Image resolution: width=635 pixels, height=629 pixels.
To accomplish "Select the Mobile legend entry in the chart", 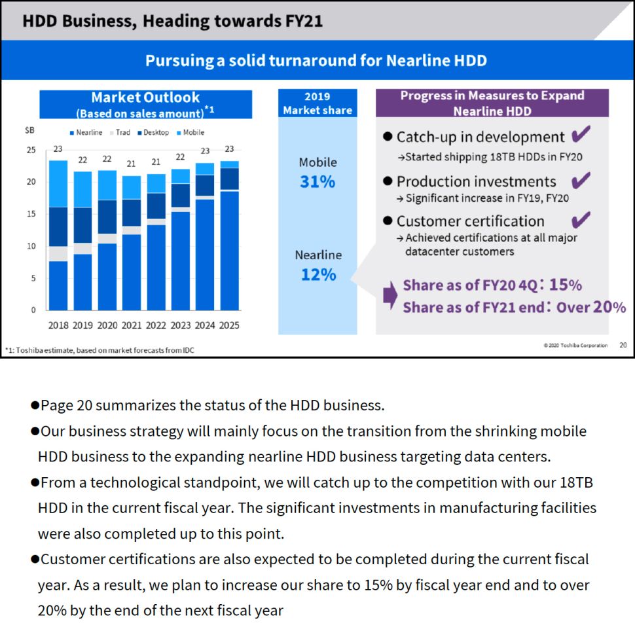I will (x=190, y=132).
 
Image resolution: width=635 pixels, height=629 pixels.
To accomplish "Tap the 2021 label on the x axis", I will (x=132, y=325).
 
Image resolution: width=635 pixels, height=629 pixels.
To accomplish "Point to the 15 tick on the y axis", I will (x=31, y=214).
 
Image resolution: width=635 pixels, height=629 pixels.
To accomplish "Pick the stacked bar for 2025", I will (x=229, y=236).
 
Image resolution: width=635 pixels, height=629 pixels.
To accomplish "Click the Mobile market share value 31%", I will (x=317, y=182).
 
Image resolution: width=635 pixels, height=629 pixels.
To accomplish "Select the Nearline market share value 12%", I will (x=318, y=275).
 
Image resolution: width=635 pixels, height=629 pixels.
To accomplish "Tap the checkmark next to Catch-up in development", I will (x=580, y=135).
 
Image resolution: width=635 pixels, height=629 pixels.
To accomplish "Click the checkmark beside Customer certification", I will (x=580, y=220).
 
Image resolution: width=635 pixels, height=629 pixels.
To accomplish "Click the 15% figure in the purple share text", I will (x=565, y=285).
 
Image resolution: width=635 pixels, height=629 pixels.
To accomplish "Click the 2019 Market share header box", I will (x=317, y=103).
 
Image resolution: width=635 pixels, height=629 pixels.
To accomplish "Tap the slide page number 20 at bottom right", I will (x=623, y=345).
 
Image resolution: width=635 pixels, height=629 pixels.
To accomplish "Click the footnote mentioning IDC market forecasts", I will (x=100, y=350).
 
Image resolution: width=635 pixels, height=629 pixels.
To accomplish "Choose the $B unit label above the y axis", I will (x=29, y=131).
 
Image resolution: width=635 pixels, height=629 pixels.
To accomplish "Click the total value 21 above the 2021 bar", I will (x=132, y=164).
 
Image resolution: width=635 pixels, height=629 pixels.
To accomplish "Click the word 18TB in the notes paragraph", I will (x=576, y=483).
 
